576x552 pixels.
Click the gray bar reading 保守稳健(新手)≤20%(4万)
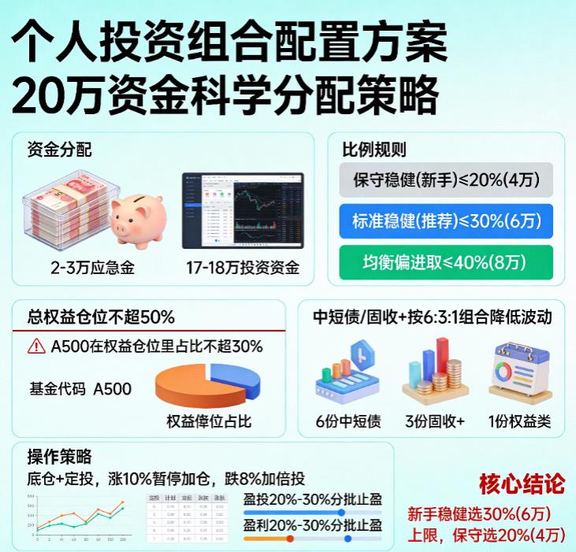point(446,180)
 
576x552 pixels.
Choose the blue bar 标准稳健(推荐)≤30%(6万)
point(446,221)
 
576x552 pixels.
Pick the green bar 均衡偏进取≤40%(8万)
point(446,262)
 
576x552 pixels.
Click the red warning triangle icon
point(36,346)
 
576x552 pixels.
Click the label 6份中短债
point(348,421)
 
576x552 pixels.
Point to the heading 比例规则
point(374,149)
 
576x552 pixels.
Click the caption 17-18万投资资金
point(243,268)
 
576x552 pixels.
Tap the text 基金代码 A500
point(80,388)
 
